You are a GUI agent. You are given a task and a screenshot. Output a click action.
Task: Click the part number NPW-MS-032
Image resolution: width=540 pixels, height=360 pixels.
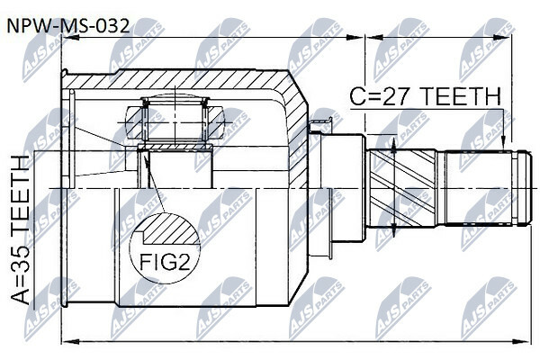tap(68, 26)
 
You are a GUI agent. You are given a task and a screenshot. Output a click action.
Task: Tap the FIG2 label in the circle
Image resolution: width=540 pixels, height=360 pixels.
tap(165, 263)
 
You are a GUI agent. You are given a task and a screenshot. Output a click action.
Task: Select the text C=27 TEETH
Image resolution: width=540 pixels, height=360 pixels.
tap(426, 96)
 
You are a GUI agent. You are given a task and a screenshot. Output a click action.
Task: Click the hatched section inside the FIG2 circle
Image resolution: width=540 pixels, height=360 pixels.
tap(171, 230)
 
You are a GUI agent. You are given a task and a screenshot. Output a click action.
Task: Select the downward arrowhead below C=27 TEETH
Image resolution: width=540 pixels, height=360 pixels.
tap(503, 143)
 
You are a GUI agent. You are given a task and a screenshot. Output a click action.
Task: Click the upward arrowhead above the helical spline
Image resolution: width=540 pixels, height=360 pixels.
tap(393, 147)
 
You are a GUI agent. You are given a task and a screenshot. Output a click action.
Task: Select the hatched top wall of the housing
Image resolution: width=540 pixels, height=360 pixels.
tap(179, 78)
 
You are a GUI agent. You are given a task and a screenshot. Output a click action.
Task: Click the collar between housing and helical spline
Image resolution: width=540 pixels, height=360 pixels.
tap(342, 188)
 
